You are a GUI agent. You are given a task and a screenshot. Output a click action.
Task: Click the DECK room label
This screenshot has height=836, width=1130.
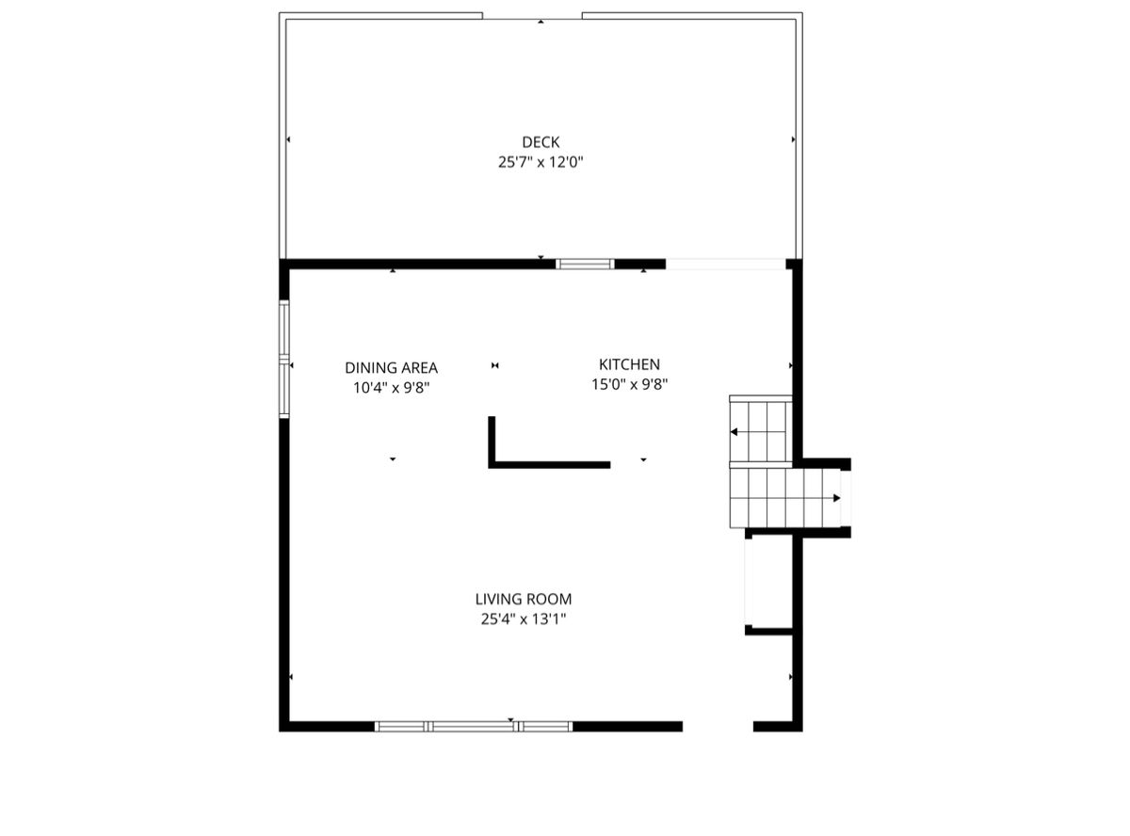coord(540,141)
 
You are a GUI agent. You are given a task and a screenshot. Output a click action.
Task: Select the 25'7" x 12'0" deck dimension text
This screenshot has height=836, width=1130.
coord(540,162)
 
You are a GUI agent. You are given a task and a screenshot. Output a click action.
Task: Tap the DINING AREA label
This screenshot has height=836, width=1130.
coord(391,367)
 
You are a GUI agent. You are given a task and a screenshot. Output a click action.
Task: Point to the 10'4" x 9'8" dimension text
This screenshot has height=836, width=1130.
coord(391,388)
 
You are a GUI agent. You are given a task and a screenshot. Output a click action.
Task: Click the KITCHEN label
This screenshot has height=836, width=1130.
coord(629,364)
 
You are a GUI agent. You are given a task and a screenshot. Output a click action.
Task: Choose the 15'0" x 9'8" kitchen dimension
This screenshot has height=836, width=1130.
coord(629,384)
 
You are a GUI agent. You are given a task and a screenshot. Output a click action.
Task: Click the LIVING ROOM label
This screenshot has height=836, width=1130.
coord(524,599)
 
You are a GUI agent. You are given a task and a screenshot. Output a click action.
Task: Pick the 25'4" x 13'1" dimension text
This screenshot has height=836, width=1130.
coord(524,619)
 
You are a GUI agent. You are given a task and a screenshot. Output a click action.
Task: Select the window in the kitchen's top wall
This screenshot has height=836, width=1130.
coord(585,264)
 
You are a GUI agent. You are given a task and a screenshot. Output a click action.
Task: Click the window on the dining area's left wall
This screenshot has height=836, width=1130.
coord(283,359)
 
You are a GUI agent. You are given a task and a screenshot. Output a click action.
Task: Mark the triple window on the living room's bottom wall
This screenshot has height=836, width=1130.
coord(474,727)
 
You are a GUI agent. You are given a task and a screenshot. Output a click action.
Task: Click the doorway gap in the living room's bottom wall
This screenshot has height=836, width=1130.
coord(718,727)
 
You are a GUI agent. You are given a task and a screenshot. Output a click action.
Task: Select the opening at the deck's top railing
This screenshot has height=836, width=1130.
coord(532,16)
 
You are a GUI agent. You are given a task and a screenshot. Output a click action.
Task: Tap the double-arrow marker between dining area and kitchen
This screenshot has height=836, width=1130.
coord(494,365)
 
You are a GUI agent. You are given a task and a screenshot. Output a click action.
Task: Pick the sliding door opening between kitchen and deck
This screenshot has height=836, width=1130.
coord(725,264)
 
